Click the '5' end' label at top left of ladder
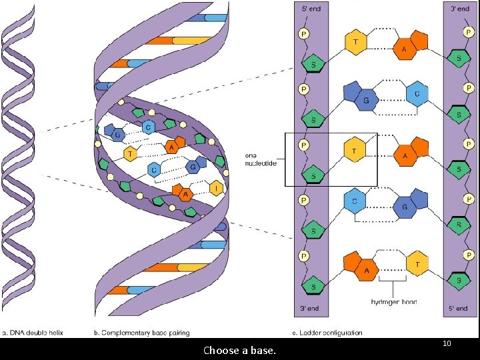tap(311, 9)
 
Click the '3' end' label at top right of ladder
tap(460, 9)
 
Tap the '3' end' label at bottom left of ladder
tap(311, 308)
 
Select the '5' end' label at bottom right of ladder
tap(460, 308)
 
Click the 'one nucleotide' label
tap(261, 160)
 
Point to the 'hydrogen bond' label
tap(394, 302)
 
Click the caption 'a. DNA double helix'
tap(33, 332)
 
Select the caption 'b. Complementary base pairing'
tap(142, 332)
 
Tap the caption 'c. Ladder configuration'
tap(329, 332)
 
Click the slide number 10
tap(447, 343)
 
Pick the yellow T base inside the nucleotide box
tap(355, 151)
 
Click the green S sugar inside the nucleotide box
tap(313, 176)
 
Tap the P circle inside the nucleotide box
tap(303, 145)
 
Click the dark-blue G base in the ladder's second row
tap(365, 101)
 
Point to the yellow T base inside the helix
tap(130, 154)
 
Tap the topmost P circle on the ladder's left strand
tap(303, 34)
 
